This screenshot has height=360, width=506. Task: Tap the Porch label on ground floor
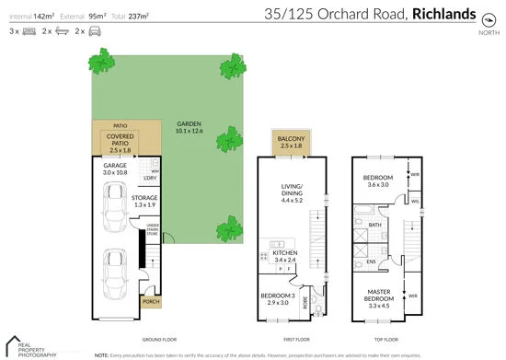tap(150, 302)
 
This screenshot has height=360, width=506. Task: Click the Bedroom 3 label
tap(278, 297)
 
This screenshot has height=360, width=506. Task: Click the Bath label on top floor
tap(374, 224)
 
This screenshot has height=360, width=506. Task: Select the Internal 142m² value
tap(40, 16)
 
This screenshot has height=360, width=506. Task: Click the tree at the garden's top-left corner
tap(100, 64)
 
